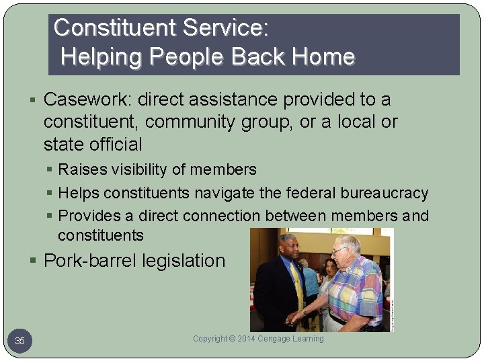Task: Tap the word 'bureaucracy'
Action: [x=384, y=194]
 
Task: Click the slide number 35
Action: [x=19, y=341]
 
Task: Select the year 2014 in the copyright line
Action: [x=249, y=339]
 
